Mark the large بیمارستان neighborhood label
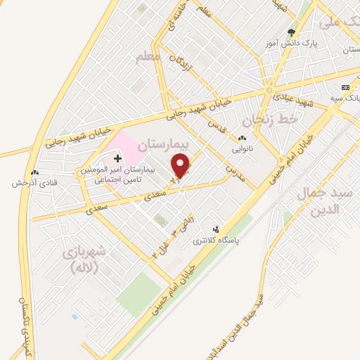(163, 144)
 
